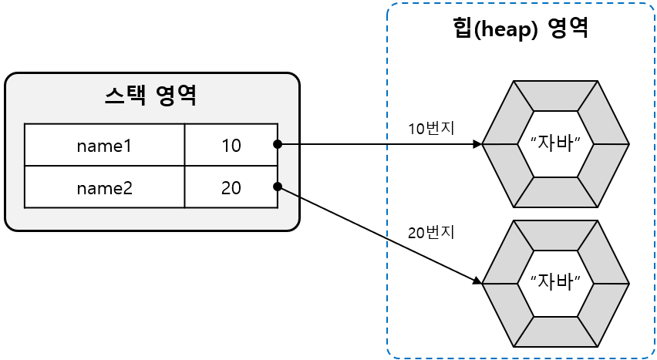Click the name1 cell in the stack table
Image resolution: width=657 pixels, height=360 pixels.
click(x=104, y=145)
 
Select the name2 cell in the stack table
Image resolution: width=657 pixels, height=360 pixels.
click(x=104, y=187)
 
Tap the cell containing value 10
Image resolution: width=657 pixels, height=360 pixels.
click(x=231, y=145)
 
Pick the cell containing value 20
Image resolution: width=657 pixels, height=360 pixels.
click(x=231, y=187)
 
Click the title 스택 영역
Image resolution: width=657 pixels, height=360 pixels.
click(x=151, y=96)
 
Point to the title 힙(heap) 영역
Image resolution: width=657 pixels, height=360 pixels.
click(x=521, y=29)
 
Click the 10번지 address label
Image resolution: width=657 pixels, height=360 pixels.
click(x=431, y=129)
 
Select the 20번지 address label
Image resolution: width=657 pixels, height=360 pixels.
click(x=431, y=232)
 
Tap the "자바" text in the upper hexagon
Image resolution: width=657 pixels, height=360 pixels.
click(x=555, y=143)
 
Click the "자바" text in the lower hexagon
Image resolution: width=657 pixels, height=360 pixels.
click(x=555, y=282)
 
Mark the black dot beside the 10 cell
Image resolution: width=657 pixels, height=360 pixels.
click(x=277, y=144)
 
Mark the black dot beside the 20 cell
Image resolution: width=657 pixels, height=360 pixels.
click(x=277, y=187)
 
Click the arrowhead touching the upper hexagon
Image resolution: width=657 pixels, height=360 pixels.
click(x=477, y=144)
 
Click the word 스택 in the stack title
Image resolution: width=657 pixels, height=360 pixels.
click(x=126, y=96)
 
